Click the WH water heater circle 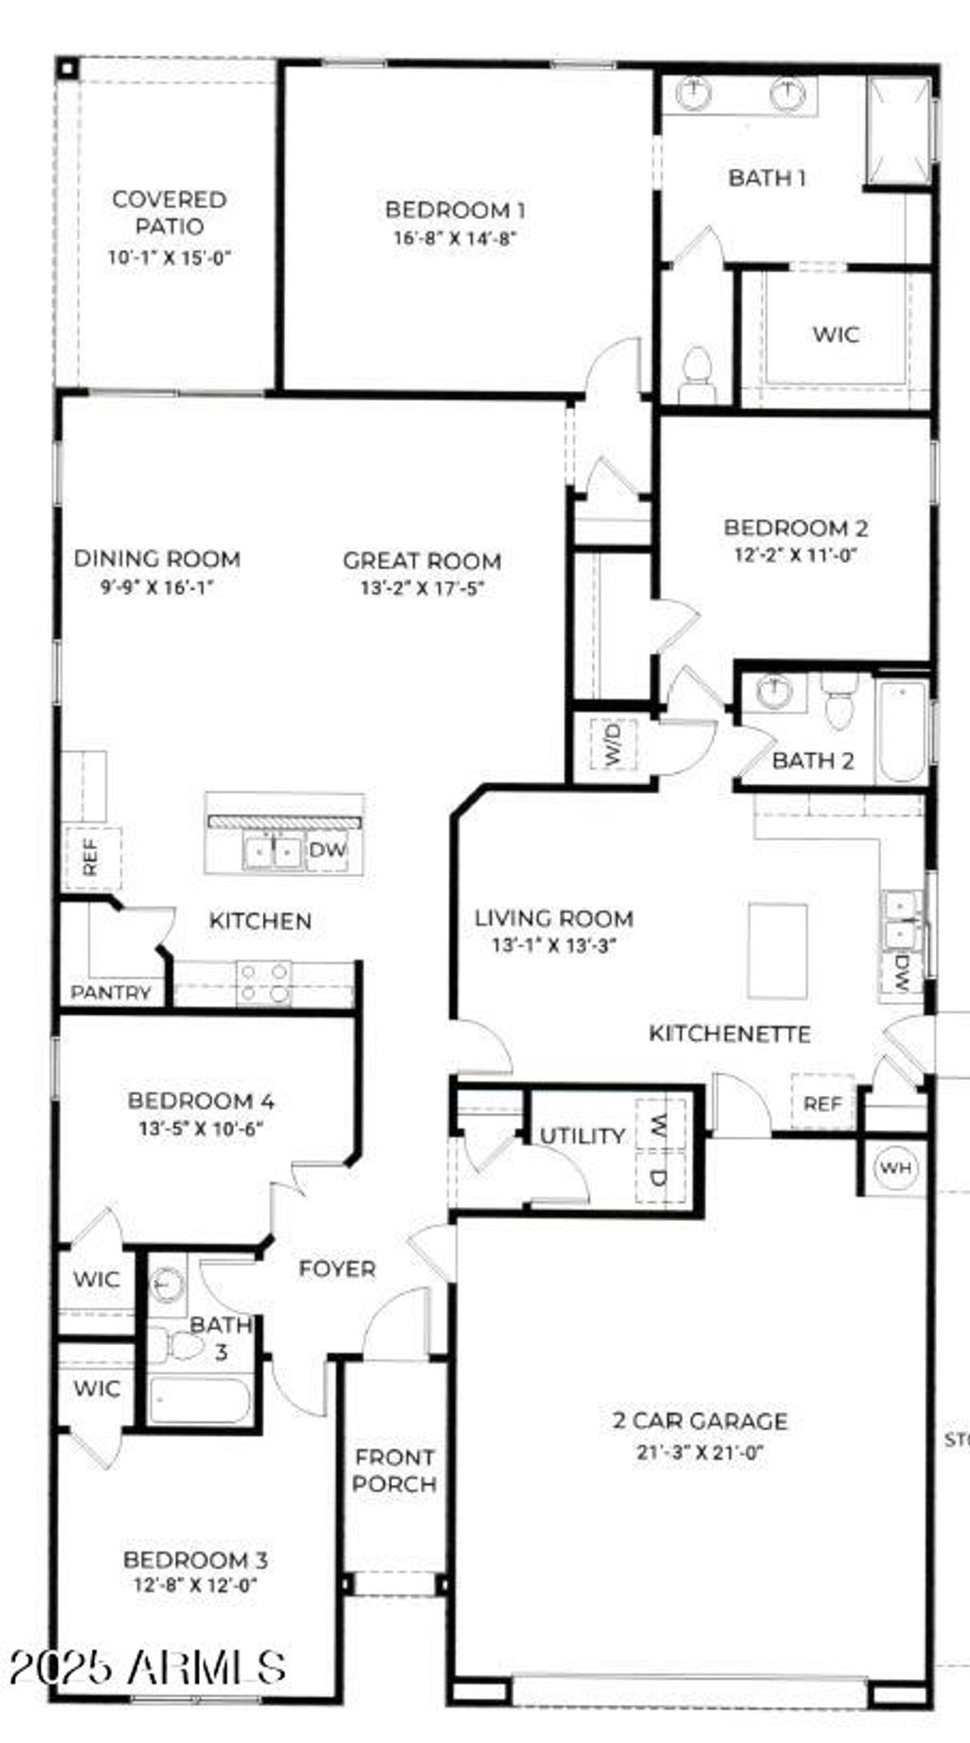tap(895, 1167)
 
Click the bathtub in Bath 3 tap(198, 1400)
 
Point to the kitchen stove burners tap(264, 982)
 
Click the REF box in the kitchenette tap(822, 1103)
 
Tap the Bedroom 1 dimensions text tap(455, 239)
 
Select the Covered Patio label tap(169, 212)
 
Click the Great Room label tap(422, 561)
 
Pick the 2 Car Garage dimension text tap(700, 1451)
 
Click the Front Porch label tap(394, 1470)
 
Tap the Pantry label tap(111, 993)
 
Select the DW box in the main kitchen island tap(328, 850)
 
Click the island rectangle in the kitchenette tap(778, 951)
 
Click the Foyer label tap(337, 1268)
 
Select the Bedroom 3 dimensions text tap(196, 1585)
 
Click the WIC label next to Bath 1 tap(835, 334)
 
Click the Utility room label tap(583, 1136)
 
